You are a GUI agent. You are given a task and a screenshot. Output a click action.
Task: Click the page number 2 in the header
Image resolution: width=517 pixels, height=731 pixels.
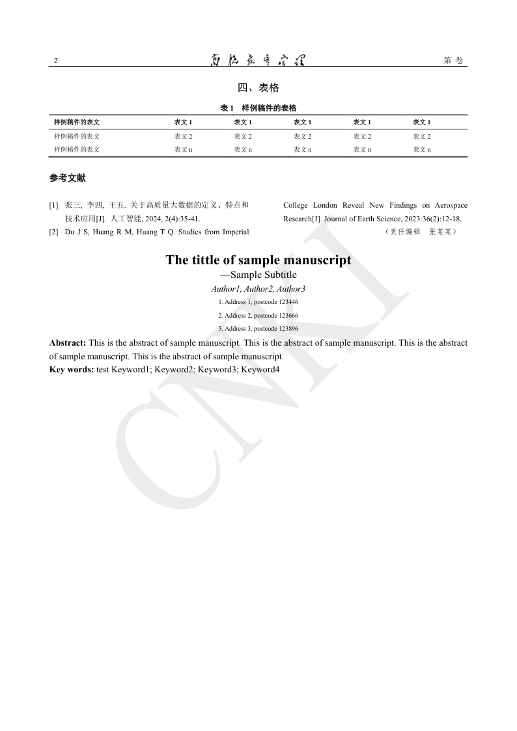[x=55, y=61]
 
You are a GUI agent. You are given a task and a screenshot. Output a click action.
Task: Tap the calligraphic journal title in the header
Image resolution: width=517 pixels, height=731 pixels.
[x=258, y=61]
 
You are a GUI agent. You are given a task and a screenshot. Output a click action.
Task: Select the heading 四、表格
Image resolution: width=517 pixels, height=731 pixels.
[x=258, y=88]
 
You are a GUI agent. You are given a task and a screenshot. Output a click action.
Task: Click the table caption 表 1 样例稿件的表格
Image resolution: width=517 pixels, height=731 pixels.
[x=258, y=108]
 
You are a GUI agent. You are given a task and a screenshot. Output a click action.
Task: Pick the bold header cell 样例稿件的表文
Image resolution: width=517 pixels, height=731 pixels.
[x=77, y=122]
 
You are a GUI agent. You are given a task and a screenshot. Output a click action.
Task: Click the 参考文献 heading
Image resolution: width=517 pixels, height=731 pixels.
[x=67, y=178]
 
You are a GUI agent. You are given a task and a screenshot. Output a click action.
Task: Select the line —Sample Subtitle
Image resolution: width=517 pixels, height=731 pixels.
[x=258, y=275]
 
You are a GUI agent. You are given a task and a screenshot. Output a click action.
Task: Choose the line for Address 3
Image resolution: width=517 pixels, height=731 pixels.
[x=258, y=329]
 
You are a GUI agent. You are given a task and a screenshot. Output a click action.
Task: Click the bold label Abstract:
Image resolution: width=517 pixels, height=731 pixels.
[x=68, y=342]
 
